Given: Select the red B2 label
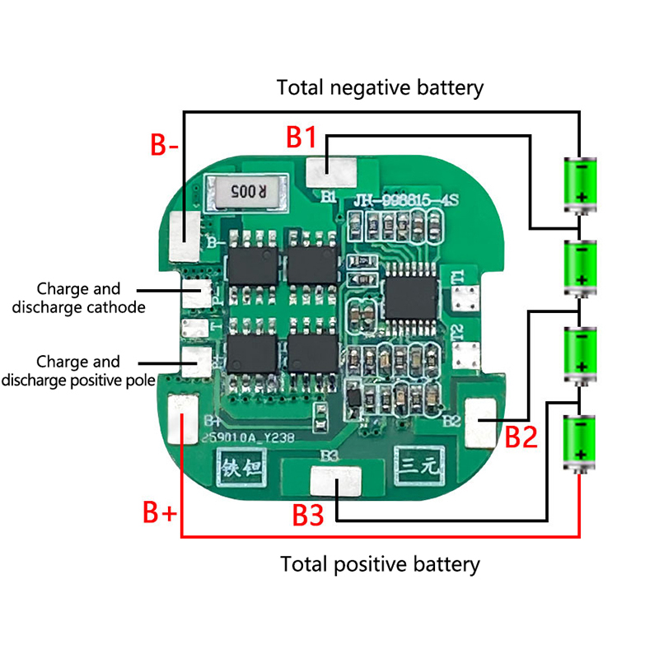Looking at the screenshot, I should tap(521, 436).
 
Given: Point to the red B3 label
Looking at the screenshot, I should tap(311, 515).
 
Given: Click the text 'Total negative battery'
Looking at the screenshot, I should tap(380, 87).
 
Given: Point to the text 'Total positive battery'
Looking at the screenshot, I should tap(380, 564).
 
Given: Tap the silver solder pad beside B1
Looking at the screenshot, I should tap(332, 171).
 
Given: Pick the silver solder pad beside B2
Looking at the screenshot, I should tap(481, 420).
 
